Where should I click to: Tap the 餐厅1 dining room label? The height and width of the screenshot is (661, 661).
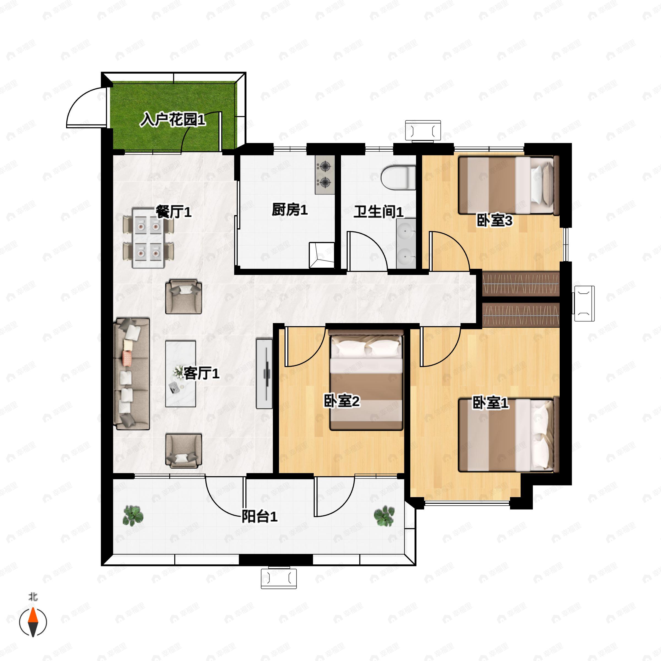tap(174, 212)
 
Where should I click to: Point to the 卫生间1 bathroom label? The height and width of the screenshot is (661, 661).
tap(378, 212)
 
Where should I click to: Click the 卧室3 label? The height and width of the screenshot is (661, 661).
tap(494, 221)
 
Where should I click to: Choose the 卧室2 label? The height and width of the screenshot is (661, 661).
tap(342, 401)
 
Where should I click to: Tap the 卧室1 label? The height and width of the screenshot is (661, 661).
tap(490, 403)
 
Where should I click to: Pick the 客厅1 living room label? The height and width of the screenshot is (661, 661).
tap(201, 373)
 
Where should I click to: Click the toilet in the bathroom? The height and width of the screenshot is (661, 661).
tap(398, 177)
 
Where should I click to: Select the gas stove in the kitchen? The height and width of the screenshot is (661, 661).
tap(325, 175)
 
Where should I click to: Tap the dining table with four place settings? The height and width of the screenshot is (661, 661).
tap(148, 238)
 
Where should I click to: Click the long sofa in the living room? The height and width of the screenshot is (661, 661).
tap(132, 374)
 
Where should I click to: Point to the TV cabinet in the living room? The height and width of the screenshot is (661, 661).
tap(264, 374)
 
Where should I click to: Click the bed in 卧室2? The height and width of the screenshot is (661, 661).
tap(366, 380)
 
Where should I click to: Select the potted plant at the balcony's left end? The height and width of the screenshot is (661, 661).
tap(133, 516)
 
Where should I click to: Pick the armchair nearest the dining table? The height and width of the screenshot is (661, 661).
tap(183, 297)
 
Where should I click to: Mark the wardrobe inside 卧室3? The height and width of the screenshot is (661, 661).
tap(521, 284)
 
